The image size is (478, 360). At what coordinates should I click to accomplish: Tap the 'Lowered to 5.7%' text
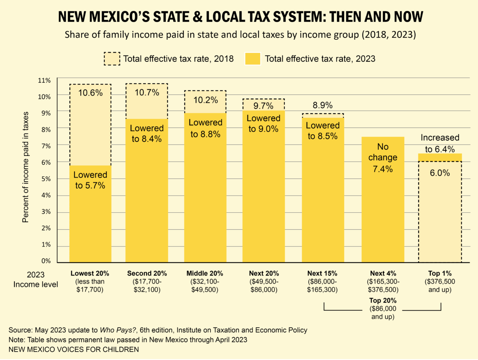[x=90, y=180]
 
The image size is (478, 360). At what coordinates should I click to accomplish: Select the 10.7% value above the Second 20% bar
[x=147, y=92]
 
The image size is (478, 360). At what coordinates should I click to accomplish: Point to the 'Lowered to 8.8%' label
[x=205, y=129]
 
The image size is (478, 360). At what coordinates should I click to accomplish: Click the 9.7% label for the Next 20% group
[x=264, y=106]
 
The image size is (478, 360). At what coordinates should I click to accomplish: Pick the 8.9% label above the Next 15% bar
[x=323, y=106]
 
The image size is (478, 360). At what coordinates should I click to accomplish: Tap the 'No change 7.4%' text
[x=383, y=158]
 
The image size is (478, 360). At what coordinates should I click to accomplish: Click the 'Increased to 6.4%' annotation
[x=440, y=143]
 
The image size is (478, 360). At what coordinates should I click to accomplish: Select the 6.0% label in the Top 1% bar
[x=440, y=173]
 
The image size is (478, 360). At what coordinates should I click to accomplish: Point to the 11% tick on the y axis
[x=45, y=80]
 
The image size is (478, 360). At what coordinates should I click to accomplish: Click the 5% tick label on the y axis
[x=46, y=179]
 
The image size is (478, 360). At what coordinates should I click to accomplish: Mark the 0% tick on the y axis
[x=46, y=261]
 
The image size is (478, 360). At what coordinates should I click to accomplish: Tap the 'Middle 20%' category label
[x=205, y=274]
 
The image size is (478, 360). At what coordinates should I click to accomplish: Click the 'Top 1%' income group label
[x=440, y=274]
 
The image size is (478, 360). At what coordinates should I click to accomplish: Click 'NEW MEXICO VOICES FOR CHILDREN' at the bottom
[x=74, y=350]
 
